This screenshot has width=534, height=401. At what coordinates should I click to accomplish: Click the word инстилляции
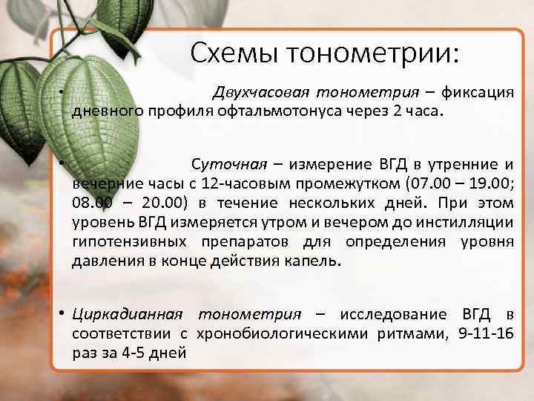[468, 222]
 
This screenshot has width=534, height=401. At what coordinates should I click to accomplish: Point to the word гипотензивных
[130, 242]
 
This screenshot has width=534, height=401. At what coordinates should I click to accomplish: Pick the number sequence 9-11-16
[487, 334]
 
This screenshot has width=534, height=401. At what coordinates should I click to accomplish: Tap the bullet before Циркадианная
[65, 315]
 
